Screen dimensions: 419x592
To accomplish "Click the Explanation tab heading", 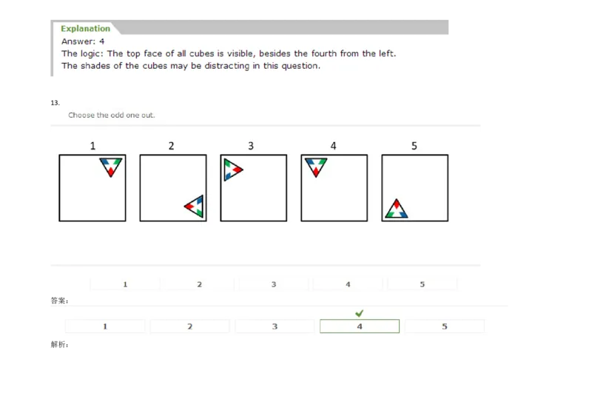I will (85, 29).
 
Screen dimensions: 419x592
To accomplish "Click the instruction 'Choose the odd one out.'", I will (112, 115).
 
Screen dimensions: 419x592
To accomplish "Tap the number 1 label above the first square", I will (93, 146).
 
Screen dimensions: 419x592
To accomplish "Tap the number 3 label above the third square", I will (251, 146).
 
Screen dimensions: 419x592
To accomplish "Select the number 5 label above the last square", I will (414, 146).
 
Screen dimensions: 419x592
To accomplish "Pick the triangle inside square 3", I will (232, 170).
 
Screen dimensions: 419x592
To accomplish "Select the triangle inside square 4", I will (316, 166).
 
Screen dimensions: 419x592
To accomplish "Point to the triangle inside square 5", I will (396, 210).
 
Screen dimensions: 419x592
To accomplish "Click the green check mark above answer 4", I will (359, 314).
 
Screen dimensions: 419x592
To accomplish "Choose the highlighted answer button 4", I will (360, 326).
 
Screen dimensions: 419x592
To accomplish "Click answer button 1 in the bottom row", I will (105, 326).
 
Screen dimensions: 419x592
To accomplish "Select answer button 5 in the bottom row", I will (444, 326).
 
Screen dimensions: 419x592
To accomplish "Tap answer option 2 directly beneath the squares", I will (199, 284).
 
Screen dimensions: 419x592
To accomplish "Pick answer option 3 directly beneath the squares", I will (274, 284).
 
